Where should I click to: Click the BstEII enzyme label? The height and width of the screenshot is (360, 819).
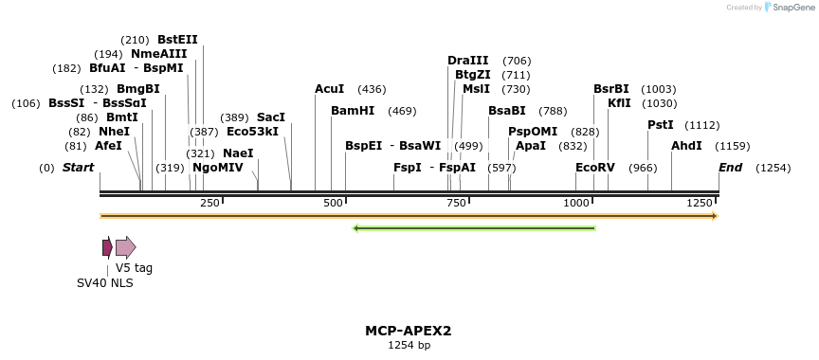click(177, 40)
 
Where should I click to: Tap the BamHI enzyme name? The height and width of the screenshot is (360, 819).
click(353, 111)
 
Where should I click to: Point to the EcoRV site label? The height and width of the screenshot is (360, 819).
click(595, 168)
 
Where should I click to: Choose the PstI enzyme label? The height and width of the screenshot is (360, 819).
click(661, 125)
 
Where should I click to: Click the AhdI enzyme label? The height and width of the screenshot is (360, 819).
click(686, 146)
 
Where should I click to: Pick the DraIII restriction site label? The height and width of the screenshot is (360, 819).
click(468, 61)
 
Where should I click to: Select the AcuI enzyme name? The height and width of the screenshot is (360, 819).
click(330, 89)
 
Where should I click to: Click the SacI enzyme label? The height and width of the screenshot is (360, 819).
click(271, 117)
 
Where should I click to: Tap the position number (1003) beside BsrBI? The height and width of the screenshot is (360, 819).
click(659, 89)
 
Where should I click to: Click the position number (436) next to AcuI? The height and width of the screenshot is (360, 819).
click(372, 89)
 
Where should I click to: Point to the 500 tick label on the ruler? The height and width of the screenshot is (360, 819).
click(334, 204)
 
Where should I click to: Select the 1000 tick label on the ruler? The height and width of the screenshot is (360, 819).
click(576, 204)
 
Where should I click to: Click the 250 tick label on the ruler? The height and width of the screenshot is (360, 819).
click(209, 204)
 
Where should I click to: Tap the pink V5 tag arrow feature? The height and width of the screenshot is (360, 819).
click(125, 247)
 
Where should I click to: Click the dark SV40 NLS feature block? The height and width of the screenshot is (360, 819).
click(107, 247)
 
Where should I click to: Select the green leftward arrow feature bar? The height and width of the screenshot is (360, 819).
click(474, 228)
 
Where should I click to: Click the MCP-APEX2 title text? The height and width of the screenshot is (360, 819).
click(409, 332)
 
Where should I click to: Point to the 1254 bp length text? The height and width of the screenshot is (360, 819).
click(409, 346)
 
